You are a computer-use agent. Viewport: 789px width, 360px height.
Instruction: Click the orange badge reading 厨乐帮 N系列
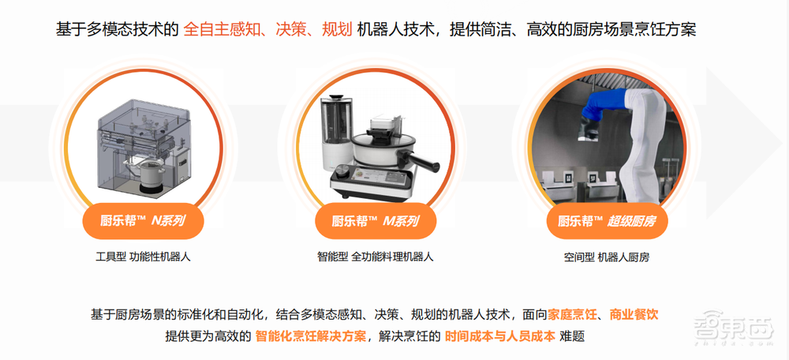coord(143,220)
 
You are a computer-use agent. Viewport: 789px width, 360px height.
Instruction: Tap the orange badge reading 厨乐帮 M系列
coord(376,220)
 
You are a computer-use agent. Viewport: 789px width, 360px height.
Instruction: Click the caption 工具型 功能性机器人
coord(144,257)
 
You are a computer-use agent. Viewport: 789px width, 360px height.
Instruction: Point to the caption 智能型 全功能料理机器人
coord(376,257)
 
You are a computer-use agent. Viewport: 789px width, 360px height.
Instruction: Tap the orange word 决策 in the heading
coord(291,29)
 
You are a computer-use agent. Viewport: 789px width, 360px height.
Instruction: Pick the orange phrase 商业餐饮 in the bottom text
coord(634,315)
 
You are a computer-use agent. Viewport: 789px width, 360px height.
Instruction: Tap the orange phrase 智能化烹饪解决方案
coord(310,336)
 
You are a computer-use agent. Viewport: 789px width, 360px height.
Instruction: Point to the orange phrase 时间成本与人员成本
coord(500,336)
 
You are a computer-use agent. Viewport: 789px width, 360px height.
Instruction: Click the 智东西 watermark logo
coord(733,328)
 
